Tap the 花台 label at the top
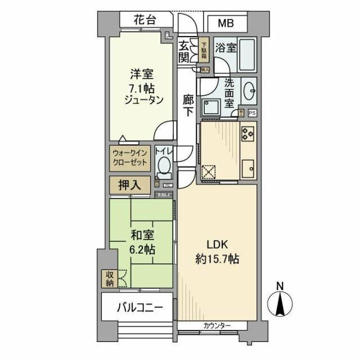(145, 21)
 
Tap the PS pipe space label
(251, 112)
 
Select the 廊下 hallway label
(188, 105)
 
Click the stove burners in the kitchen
(247, 134)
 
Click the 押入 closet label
(130, 184)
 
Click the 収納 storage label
(108, 278)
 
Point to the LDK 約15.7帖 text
(218, 253)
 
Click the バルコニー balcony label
(140, 308)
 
